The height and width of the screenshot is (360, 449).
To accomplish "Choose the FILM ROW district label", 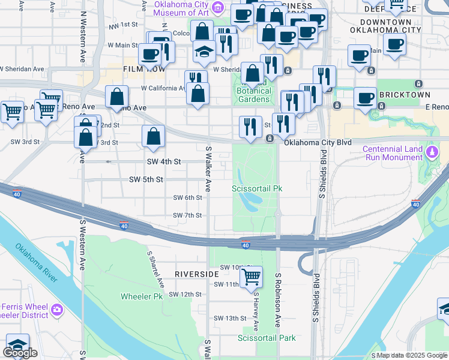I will click(143, 69).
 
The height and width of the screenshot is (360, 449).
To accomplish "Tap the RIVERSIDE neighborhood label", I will click(196, 274).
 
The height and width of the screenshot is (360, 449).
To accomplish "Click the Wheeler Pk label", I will click(142, 296).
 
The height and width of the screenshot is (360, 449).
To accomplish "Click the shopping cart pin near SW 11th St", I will click(252, 276).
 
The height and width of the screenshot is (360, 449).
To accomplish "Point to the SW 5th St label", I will click(146, 179).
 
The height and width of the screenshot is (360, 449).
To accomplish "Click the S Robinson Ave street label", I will click(279, 300).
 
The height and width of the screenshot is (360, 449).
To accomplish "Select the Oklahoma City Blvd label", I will click(318, 143).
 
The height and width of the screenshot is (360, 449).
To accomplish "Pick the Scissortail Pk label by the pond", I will click(257, 188).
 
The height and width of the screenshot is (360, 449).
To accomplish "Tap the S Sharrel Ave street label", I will click(155, 268).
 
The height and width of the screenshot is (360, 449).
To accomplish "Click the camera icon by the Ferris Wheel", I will click(57, 310).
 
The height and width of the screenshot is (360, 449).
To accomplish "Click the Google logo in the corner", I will click(20, 353).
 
